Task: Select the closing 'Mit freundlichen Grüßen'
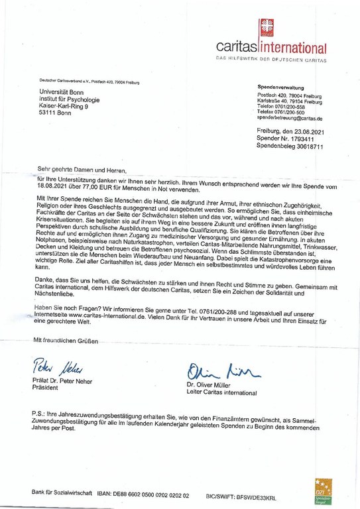66,341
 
